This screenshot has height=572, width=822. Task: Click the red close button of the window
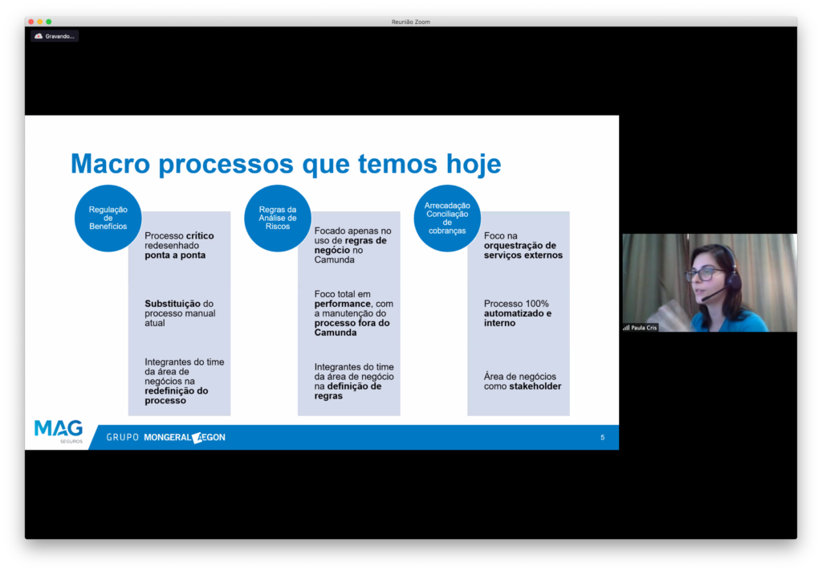coord(31,22)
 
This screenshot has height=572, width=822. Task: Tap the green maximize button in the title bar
coord(49,22)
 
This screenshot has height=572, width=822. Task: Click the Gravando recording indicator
coord(55,36)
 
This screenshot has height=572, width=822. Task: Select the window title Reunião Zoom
coord(410,22)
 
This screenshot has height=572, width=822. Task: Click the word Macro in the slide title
coord(111,164)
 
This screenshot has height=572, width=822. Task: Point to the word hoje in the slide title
coord(474,164)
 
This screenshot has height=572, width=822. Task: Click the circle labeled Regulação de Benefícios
coord(108,218)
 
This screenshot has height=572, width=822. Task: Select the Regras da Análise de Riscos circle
coord(277,218)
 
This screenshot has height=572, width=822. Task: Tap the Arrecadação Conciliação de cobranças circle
coord(447,218)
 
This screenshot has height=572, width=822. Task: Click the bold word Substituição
coord(173,304)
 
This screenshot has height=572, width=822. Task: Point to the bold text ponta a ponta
coord(175,255)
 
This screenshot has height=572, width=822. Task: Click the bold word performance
coord(342,304)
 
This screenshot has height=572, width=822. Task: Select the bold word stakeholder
coord(535,386)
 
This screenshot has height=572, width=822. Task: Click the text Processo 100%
coord(516,304)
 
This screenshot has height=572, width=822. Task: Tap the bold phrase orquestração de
coord(520,246)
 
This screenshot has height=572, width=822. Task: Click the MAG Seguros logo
coord(59,431)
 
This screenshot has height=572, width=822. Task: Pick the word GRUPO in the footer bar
coord(123,437)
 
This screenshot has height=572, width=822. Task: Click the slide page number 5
coord(602,437)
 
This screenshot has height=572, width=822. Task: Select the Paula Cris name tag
coord(640,328)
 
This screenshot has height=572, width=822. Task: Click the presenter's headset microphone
coord(713,294)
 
